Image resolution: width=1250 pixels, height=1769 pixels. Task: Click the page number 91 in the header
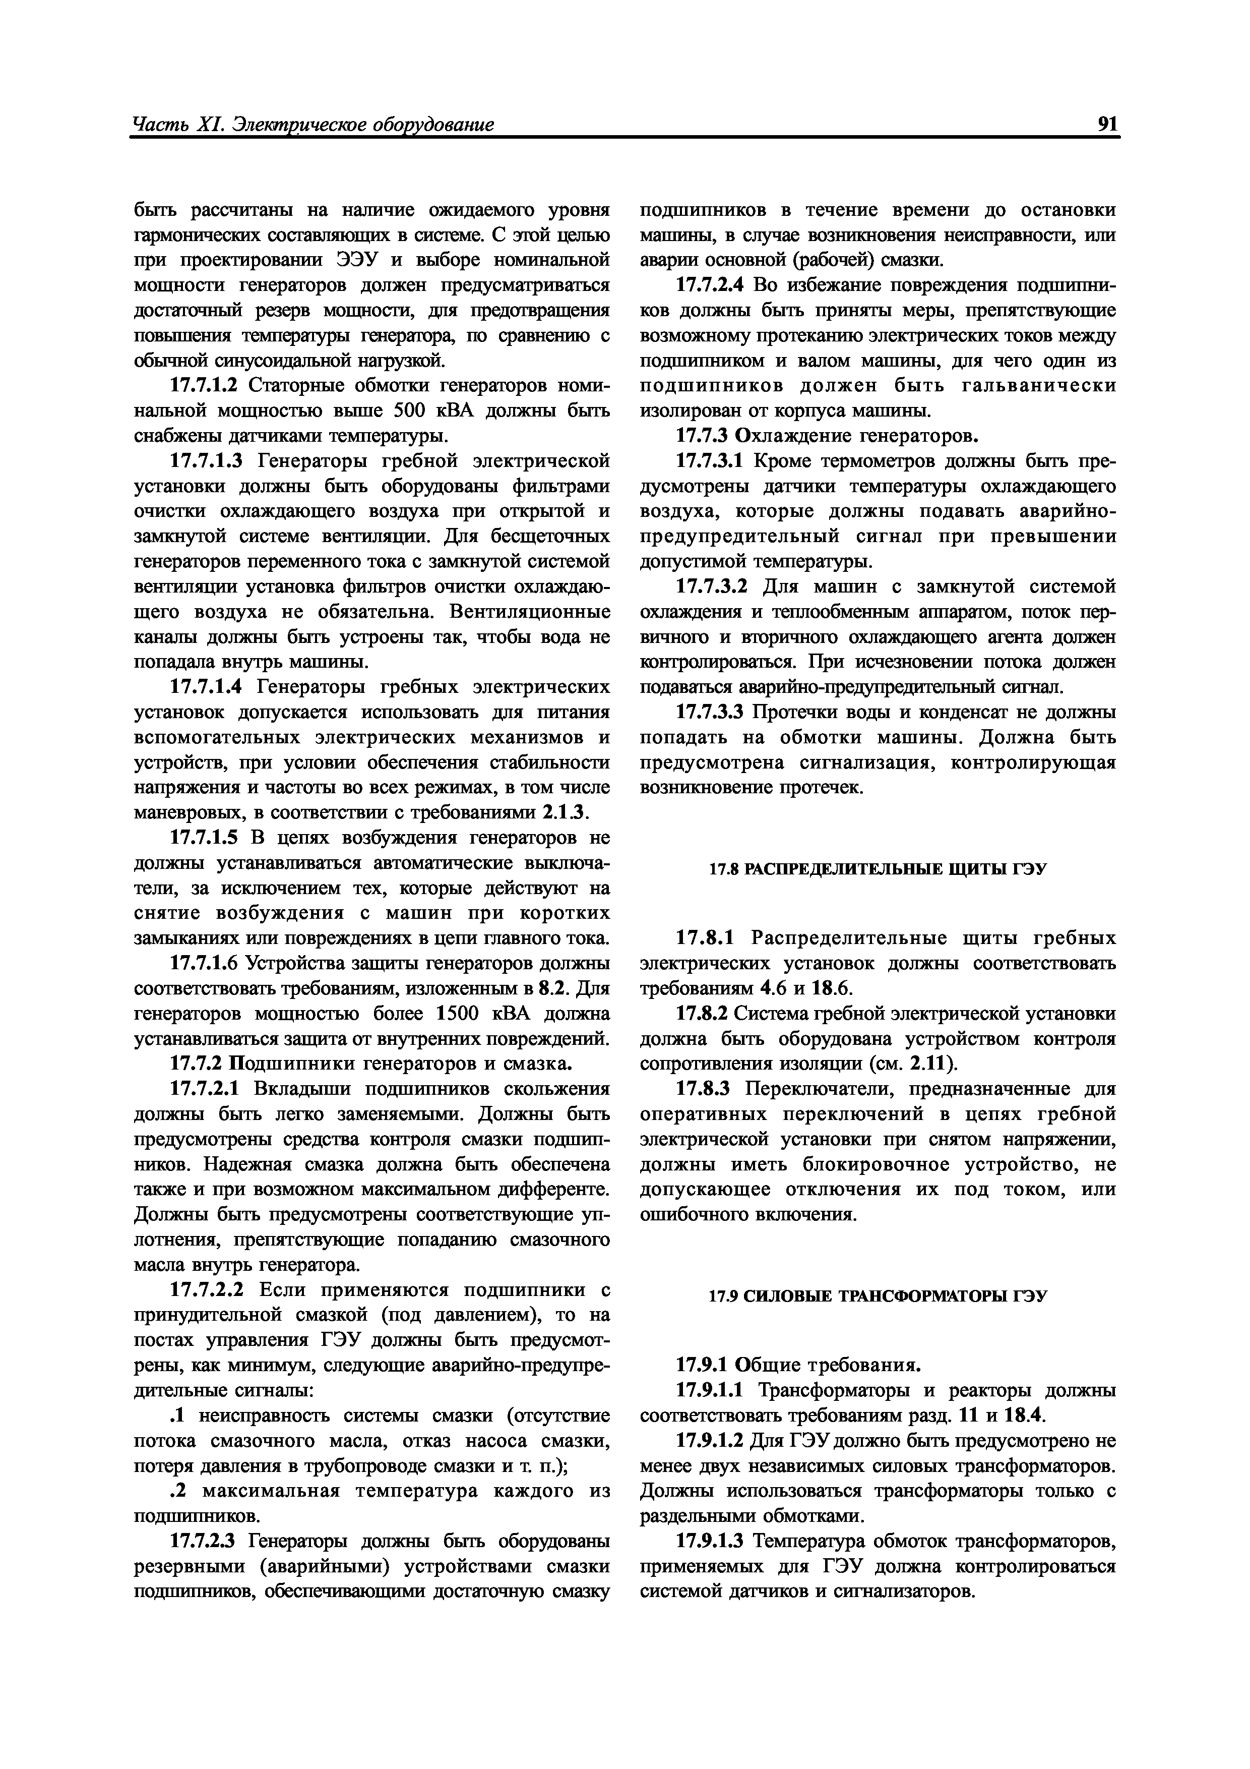tap(1107, 125)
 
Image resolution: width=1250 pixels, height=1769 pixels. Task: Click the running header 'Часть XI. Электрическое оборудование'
tap(312, 125)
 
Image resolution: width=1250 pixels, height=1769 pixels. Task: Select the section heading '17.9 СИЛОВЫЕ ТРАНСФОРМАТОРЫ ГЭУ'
tap(877, 1296)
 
